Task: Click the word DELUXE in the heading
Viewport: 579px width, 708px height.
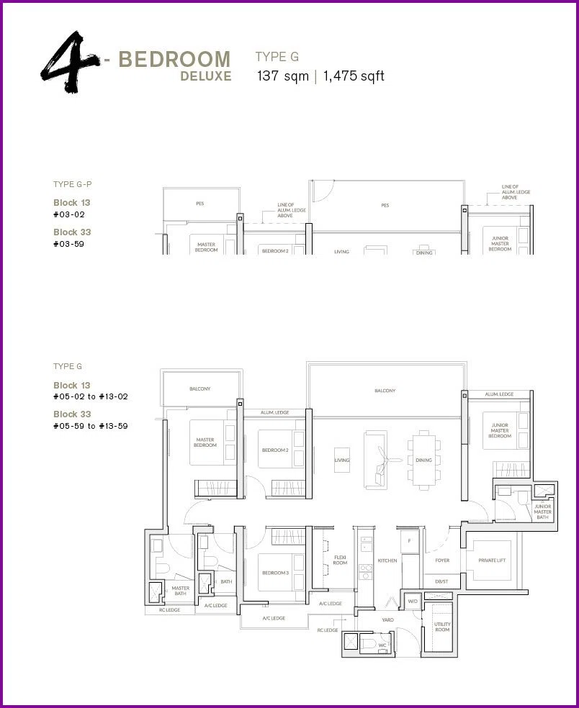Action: click(206, 76)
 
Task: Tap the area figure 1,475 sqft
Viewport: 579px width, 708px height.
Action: click(354, 76)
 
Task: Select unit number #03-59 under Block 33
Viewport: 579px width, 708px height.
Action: click(68, 245)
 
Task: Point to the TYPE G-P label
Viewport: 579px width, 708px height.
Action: click(72, 184)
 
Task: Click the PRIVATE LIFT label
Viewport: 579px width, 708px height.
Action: click(492, 560)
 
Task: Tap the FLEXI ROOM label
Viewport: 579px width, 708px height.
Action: click(340, 560)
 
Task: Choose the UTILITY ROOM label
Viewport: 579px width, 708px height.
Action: click(442, 627)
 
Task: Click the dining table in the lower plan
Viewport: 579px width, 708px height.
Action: click(424, 460)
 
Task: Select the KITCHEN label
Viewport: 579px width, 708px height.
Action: click(387, 560)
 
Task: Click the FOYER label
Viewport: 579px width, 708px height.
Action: click(442, 560)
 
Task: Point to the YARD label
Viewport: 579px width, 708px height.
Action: click(388, 620)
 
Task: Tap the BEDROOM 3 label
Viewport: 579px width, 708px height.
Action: click(275, 573)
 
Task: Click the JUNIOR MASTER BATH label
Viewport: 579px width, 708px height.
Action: click(542, 512)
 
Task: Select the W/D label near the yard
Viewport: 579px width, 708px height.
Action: click(413, 602)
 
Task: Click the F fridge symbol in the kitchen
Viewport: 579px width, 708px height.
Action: click(410, 540)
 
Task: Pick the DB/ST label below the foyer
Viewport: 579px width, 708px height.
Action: click(441, 581)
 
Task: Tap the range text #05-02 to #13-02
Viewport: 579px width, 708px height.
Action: click(91, 396)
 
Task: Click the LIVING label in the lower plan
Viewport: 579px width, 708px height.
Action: click(341, 460)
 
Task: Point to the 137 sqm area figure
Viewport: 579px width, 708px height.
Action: click(283, 76)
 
